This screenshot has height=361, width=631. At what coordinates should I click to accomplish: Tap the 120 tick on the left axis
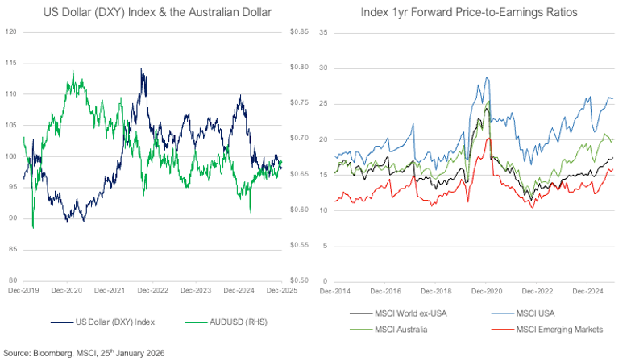coord(10,31)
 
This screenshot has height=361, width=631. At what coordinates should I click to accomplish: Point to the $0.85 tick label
coord(297,31)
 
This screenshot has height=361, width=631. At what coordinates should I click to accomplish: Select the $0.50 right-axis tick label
coord(297,280)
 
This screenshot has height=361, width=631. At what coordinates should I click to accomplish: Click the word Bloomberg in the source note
coord(48,352)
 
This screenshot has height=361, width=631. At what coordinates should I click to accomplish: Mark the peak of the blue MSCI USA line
coord(487,77)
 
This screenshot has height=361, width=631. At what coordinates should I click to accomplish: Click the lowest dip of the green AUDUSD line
coord(33,228)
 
